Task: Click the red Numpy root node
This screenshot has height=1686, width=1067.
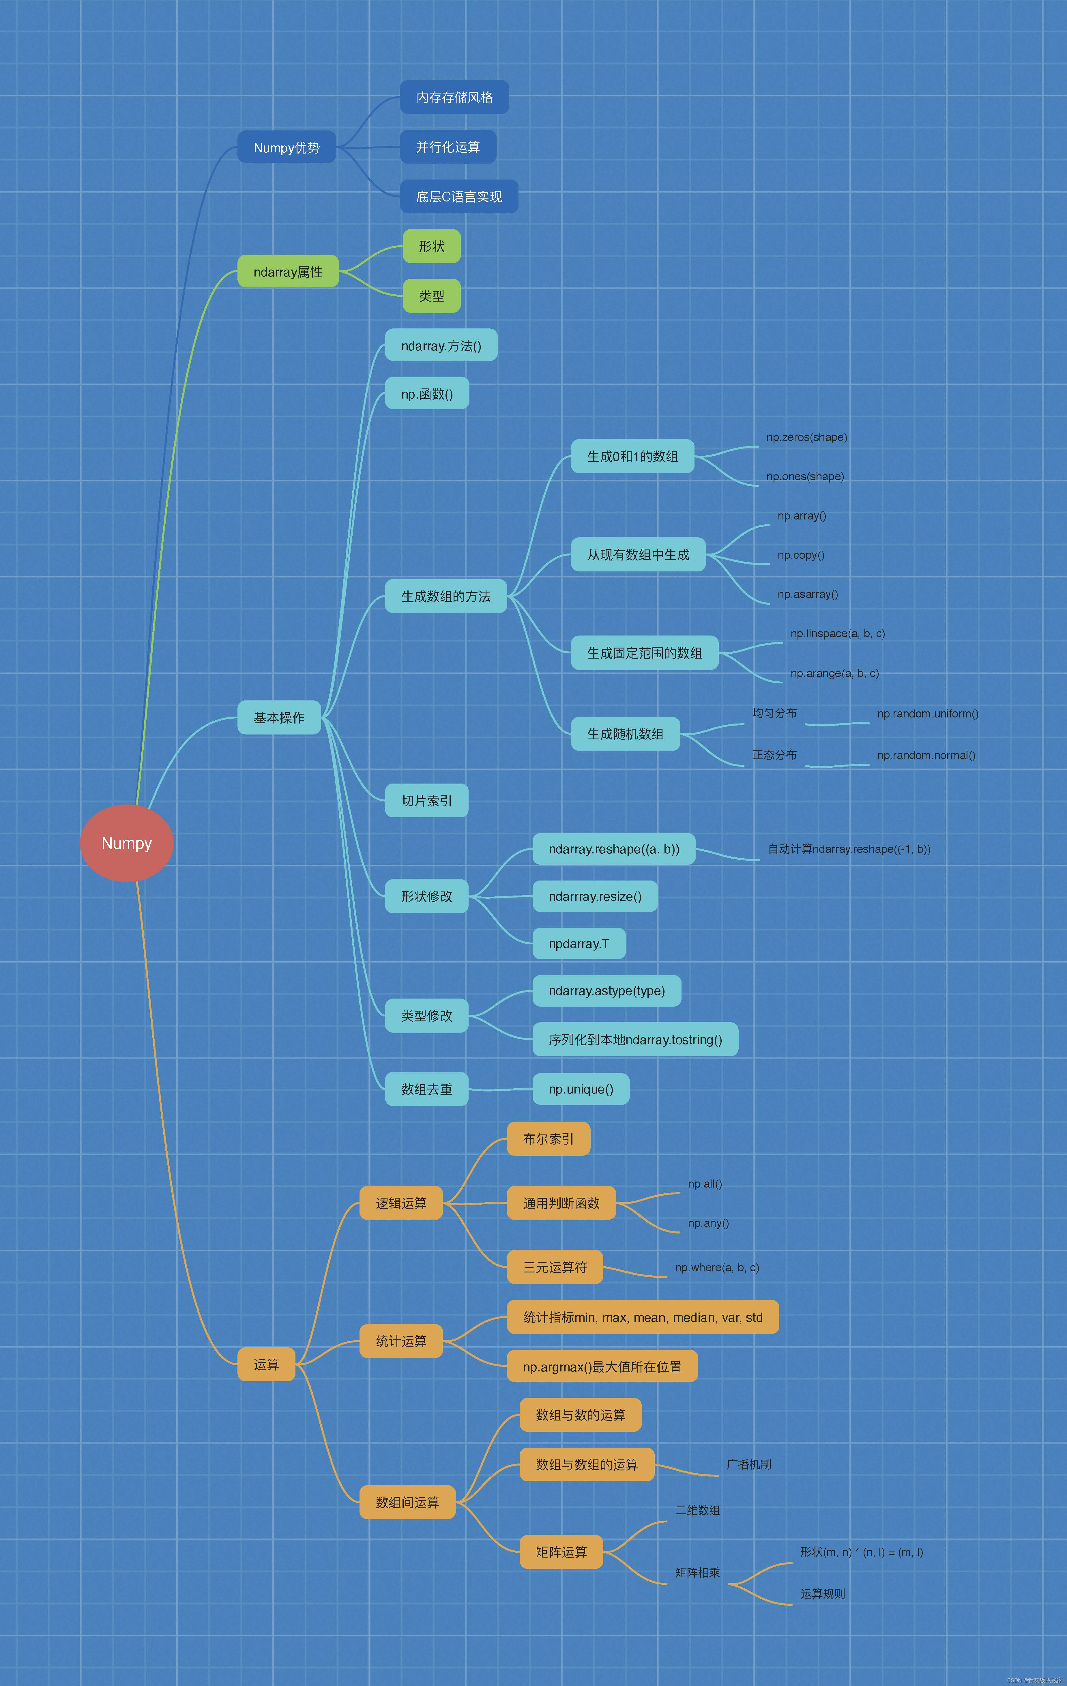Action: point(127,843)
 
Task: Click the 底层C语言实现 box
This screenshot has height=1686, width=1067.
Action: point(458,197)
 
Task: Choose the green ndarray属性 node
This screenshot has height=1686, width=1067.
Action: point(288,272)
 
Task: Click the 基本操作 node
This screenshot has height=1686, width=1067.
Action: point(279,718)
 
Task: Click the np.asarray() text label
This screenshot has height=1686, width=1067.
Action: point(807,595)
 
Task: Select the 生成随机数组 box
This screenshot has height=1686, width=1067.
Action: point(625,734)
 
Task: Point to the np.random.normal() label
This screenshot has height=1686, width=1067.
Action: point(926,756)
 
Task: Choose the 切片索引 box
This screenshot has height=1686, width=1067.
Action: point(426,800)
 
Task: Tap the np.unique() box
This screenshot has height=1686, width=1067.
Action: point(581,1089)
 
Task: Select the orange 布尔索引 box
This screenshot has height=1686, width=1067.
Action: point(548,1139)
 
